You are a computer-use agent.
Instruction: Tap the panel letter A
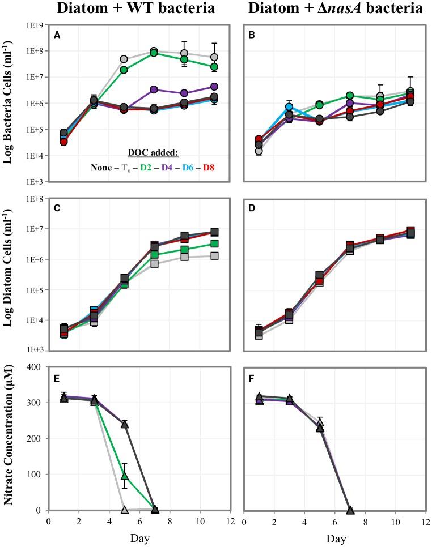point(57,35)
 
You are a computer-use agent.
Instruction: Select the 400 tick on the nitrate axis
point(37,367)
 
